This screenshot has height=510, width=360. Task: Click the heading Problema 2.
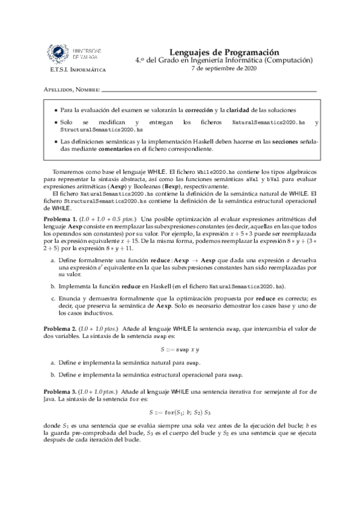[61, 330]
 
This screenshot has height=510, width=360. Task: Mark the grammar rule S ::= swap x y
[180, 349]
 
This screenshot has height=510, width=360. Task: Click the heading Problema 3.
[61, 392]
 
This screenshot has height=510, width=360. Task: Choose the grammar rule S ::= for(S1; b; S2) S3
[180, 413]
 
